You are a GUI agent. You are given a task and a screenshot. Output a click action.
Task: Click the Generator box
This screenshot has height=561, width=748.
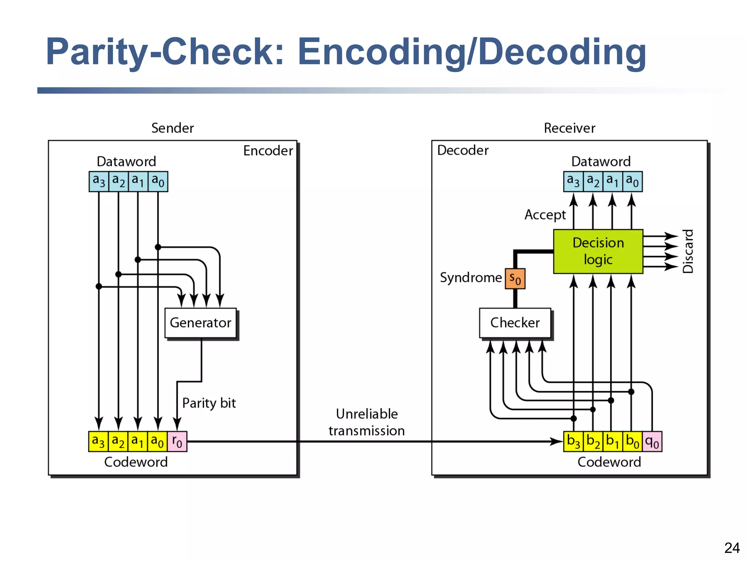pyautogui.click(x=201, y=323)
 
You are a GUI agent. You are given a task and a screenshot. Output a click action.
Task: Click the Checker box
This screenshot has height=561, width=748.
pyautogui.click(x=515, y=323)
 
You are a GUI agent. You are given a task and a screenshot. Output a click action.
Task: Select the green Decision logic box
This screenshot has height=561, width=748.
pyautogui.click(x=598, y=251)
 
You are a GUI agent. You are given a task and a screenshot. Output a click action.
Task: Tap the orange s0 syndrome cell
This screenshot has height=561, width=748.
pyautogui.click(x=515, y=279)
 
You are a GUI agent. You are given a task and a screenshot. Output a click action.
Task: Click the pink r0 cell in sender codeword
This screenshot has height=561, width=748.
pyautogui.click(x=177, y=442)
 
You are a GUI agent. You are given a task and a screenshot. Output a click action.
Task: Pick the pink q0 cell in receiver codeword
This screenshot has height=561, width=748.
pyautogui.click(x=652, y=442)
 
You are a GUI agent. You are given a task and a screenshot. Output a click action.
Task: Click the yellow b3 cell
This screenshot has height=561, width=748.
pyautogui.click(x=573, y=442)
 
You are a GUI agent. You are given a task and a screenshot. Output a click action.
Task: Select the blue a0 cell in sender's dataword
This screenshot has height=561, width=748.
pyautogui.click(x=158, y=181)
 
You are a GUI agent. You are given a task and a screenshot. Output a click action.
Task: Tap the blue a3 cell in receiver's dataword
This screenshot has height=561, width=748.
pyautogui.click(x=573, y=181)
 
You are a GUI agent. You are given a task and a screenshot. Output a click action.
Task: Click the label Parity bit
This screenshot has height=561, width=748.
pyautogui.click(x=209, y=403)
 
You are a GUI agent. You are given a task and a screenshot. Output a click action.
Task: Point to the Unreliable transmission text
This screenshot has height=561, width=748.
pyautogui.click(x=366, y=422)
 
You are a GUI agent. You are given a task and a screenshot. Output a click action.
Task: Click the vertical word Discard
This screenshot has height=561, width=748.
pyautogui.click(x=688, y=251)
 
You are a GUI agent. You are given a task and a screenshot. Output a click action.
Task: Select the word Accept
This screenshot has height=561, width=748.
pyautogui.click(x=545, y=215)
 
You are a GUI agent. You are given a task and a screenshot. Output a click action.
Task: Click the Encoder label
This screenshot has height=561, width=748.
pyautogui.click(x=268, y=150)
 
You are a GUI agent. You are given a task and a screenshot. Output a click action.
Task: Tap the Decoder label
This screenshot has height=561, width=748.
pyautogui.click(x=463, y=150)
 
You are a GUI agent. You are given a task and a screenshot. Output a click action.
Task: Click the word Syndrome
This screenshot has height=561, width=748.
pyautogui.click(x=470, y=278)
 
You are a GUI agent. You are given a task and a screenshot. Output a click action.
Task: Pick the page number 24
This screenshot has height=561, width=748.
pyautogui.click(x=732, y=548)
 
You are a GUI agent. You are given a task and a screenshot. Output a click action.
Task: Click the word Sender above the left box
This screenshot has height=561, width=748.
pyautogui.click(x=172, y=128)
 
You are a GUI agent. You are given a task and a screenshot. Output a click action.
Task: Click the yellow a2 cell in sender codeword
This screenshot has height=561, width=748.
pyautogui.click(x=118, y=442)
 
